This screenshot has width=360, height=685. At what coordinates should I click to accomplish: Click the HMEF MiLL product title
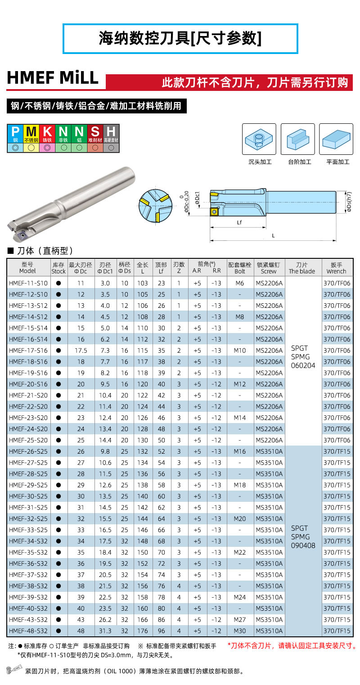[53, 78]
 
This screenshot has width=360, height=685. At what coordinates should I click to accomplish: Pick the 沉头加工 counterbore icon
[259, 139]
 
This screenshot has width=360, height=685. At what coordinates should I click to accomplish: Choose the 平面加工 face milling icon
[336, 139]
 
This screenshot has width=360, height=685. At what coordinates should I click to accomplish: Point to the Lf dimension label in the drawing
[239, 223]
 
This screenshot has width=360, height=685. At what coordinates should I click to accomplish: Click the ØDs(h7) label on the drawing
[349, 202]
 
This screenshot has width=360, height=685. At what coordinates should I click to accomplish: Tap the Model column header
[27, 268]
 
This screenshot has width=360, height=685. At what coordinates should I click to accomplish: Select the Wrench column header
[337, 268]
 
